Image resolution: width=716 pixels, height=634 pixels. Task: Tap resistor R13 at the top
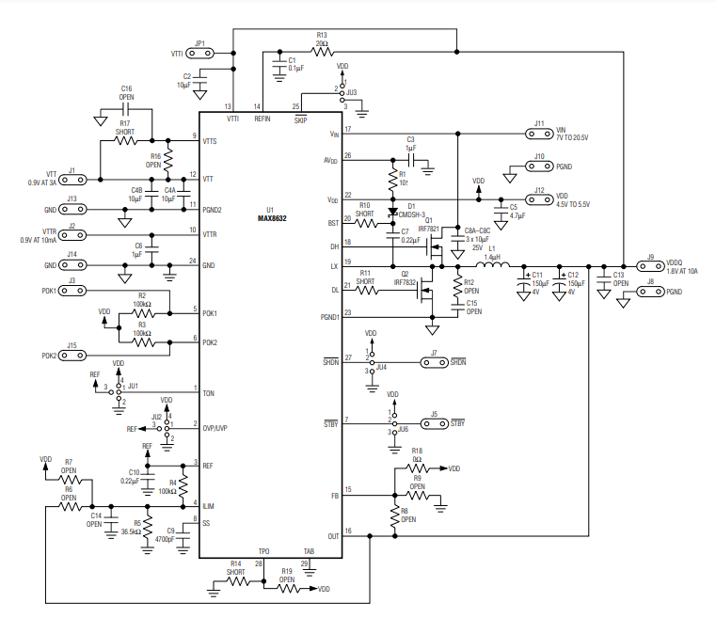click(322, 53)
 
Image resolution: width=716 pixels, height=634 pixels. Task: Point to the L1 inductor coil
click(492, 265)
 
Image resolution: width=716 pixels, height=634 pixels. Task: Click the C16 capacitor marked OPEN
click(126, 110)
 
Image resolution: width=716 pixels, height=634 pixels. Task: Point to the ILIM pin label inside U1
click(209, 505)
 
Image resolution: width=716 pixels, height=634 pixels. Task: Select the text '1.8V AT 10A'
click(682, 271)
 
